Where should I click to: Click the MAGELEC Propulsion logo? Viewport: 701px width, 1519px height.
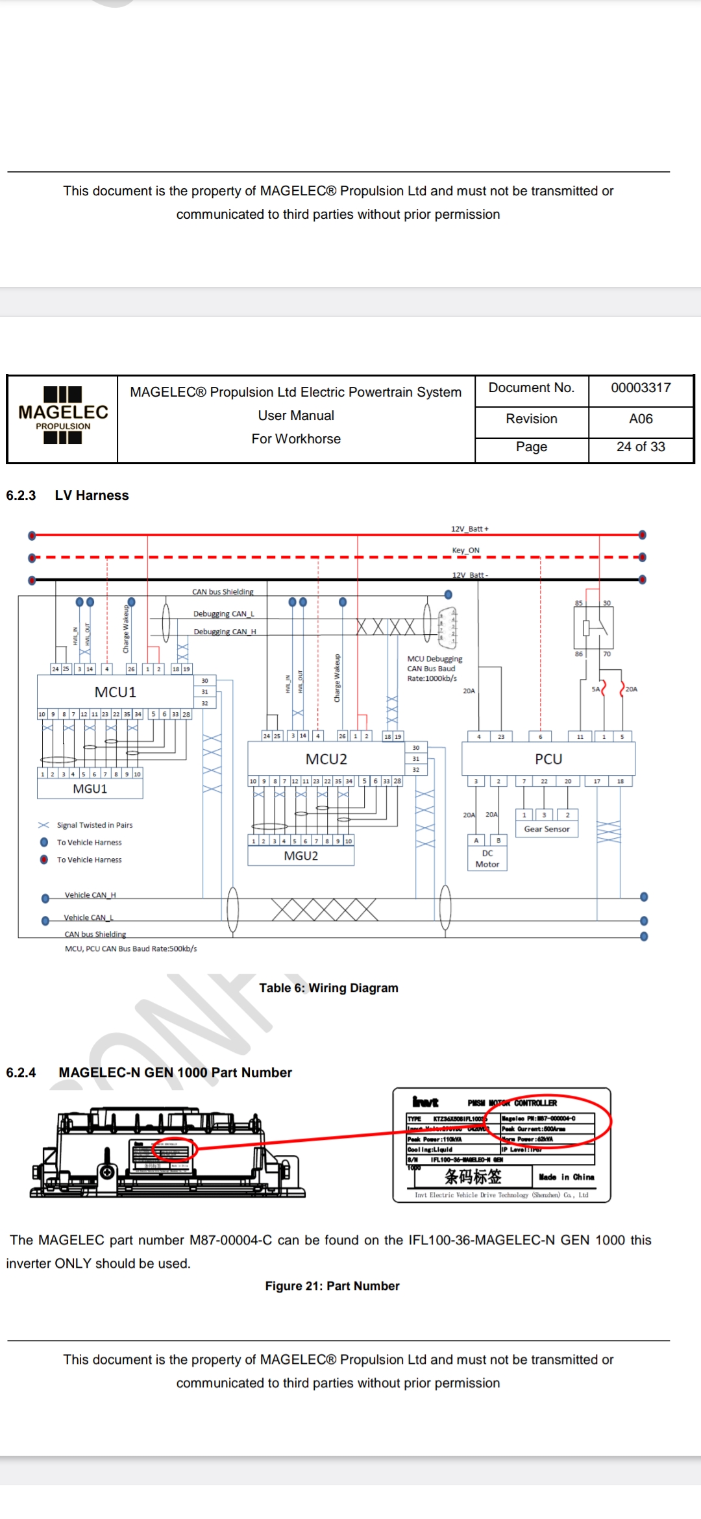63,415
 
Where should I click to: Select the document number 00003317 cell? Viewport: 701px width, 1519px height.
641,388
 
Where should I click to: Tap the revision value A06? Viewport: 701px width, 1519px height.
641,419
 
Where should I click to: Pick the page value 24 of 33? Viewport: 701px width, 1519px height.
641,447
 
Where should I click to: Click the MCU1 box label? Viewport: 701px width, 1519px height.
116,693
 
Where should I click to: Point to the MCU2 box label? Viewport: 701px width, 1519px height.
326,759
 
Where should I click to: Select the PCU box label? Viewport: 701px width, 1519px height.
548,759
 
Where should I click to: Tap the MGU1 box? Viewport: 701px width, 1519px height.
90,789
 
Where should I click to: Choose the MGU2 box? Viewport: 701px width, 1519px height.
301,856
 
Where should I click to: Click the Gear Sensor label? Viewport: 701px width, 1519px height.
547,830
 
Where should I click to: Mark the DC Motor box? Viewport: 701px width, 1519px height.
487,859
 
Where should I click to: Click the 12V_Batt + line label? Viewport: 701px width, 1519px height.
470,529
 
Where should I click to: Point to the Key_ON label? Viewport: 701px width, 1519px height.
465,550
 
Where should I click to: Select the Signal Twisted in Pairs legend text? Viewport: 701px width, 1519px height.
95,826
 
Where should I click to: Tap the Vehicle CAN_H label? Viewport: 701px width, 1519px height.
90,895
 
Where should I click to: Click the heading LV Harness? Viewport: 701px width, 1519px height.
92,495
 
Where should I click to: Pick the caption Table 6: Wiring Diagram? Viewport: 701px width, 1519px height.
328,988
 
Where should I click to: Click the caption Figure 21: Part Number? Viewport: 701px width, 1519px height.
332,1286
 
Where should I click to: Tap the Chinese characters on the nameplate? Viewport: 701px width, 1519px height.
473,1177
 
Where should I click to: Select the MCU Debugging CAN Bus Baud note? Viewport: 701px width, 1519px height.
434,669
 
